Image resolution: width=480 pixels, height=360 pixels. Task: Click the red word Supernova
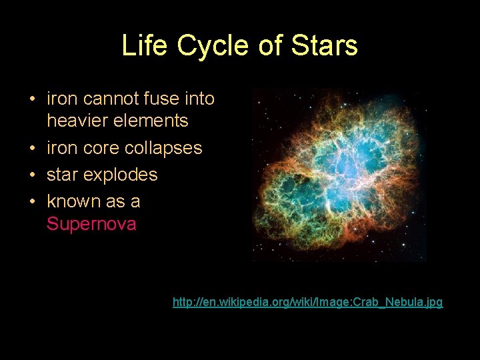click(x=91, y=224)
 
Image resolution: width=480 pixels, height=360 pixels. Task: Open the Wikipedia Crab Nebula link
click(x=307, y=303)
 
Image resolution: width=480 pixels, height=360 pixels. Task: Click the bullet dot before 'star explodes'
click(x=32, y=175)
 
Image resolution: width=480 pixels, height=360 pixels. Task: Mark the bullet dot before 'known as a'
click(x=32, y=202)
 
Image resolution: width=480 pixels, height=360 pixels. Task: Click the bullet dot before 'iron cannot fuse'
click(x=32, y=100)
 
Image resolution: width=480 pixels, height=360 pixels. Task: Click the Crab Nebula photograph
click(x=339, y=175)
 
